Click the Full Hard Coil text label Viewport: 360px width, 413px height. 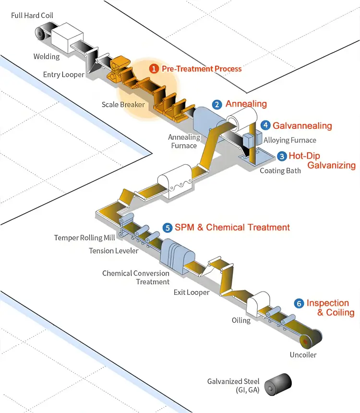tap(32, 15)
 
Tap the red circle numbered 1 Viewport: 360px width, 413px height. tap(154, 69)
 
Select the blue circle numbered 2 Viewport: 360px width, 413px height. tap(217, 104)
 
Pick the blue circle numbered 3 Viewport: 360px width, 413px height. tap(282, 156)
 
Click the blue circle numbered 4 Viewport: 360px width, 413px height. tap(265, 125)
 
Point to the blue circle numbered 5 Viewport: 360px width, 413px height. tap(167, 228)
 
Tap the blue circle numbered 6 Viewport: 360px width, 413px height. tap(299, 304)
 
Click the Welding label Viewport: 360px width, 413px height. tap(47, 57)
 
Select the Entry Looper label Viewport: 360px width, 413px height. tap(63, 74)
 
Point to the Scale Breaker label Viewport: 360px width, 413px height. tap(123, 104)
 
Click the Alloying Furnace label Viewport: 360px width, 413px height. tap(290, 140)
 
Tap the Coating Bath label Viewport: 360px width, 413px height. tap(280, 170)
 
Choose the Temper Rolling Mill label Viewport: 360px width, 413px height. tap(85, 238)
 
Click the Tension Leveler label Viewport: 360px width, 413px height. tap(114, 251)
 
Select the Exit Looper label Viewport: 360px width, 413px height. tap(192, 292)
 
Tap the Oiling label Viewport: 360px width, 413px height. tap(241, 320)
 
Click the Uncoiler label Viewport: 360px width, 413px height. tap(303, 355)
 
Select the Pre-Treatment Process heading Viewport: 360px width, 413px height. tap(202, 69)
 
